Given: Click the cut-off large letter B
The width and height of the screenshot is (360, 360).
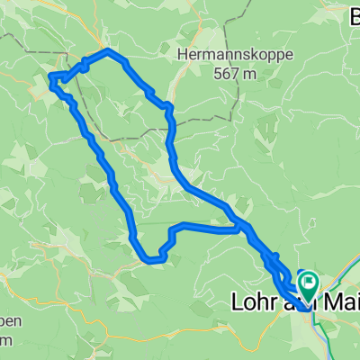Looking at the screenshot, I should (353, 16).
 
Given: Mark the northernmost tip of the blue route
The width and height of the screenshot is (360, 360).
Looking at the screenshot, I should (109, 51).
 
